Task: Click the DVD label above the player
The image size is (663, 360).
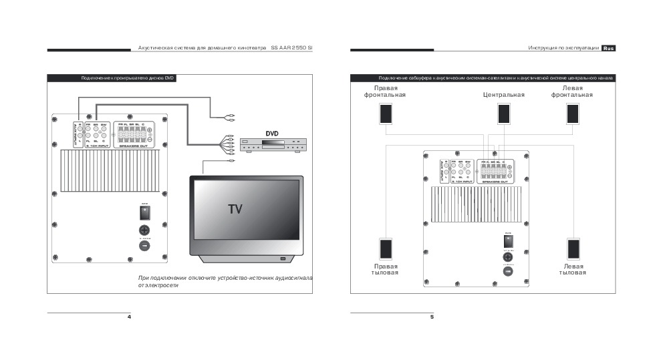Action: click(272, 134)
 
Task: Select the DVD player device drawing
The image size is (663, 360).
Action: click(271, 146)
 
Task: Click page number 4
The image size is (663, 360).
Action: click(129, 317)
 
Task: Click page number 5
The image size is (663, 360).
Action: click(432, 317)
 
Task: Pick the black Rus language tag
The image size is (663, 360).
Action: click(608, 48)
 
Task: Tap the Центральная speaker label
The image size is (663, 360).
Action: click(503, 95)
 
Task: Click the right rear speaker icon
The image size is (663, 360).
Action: click(386, 249)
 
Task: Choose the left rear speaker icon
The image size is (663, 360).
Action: click(573, 249)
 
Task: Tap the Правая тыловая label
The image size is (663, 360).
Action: click(385, 269)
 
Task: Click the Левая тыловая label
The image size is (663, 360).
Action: click(573, 269)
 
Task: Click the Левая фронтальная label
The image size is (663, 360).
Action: click(572, 92)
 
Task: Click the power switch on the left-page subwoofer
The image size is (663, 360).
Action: click(144, 212)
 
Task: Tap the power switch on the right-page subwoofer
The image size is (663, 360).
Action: click(508, 241)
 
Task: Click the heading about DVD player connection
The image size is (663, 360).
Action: click(128, 78)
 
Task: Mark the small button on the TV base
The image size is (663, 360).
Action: click(282, 259)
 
